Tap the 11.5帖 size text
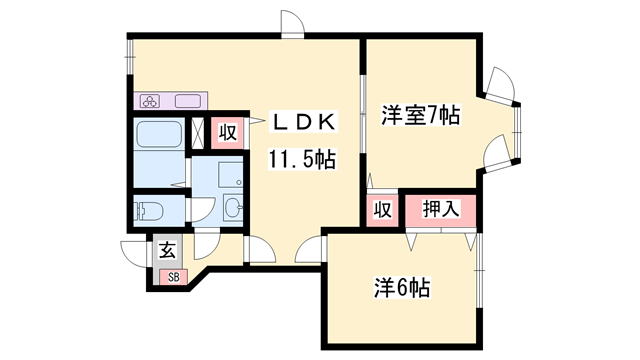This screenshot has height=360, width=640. coord(300,159)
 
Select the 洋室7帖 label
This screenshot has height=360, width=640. coord(420,116)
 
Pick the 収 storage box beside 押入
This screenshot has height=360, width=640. coord(381,210)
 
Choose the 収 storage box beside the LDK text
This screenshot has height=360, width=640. coord(228,132)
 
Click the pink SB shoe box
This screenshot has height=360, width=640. coord(172,277)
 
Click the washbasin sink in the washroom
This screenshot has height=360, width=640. coord(233,209)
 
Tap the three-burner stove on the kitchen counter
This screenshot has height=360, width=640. coord(151,101)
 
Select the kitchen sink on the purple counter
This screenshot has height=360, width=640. coord(190,101)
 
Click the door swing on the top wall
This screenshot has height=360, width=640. coord(291,24)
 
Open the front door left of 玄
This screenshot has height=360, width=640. coord(134,254)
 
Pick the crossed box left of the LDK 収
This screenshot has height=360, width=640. coord(198,132)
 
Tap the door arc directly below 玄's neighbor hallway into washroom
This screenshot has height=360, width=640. coord(209,246)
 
